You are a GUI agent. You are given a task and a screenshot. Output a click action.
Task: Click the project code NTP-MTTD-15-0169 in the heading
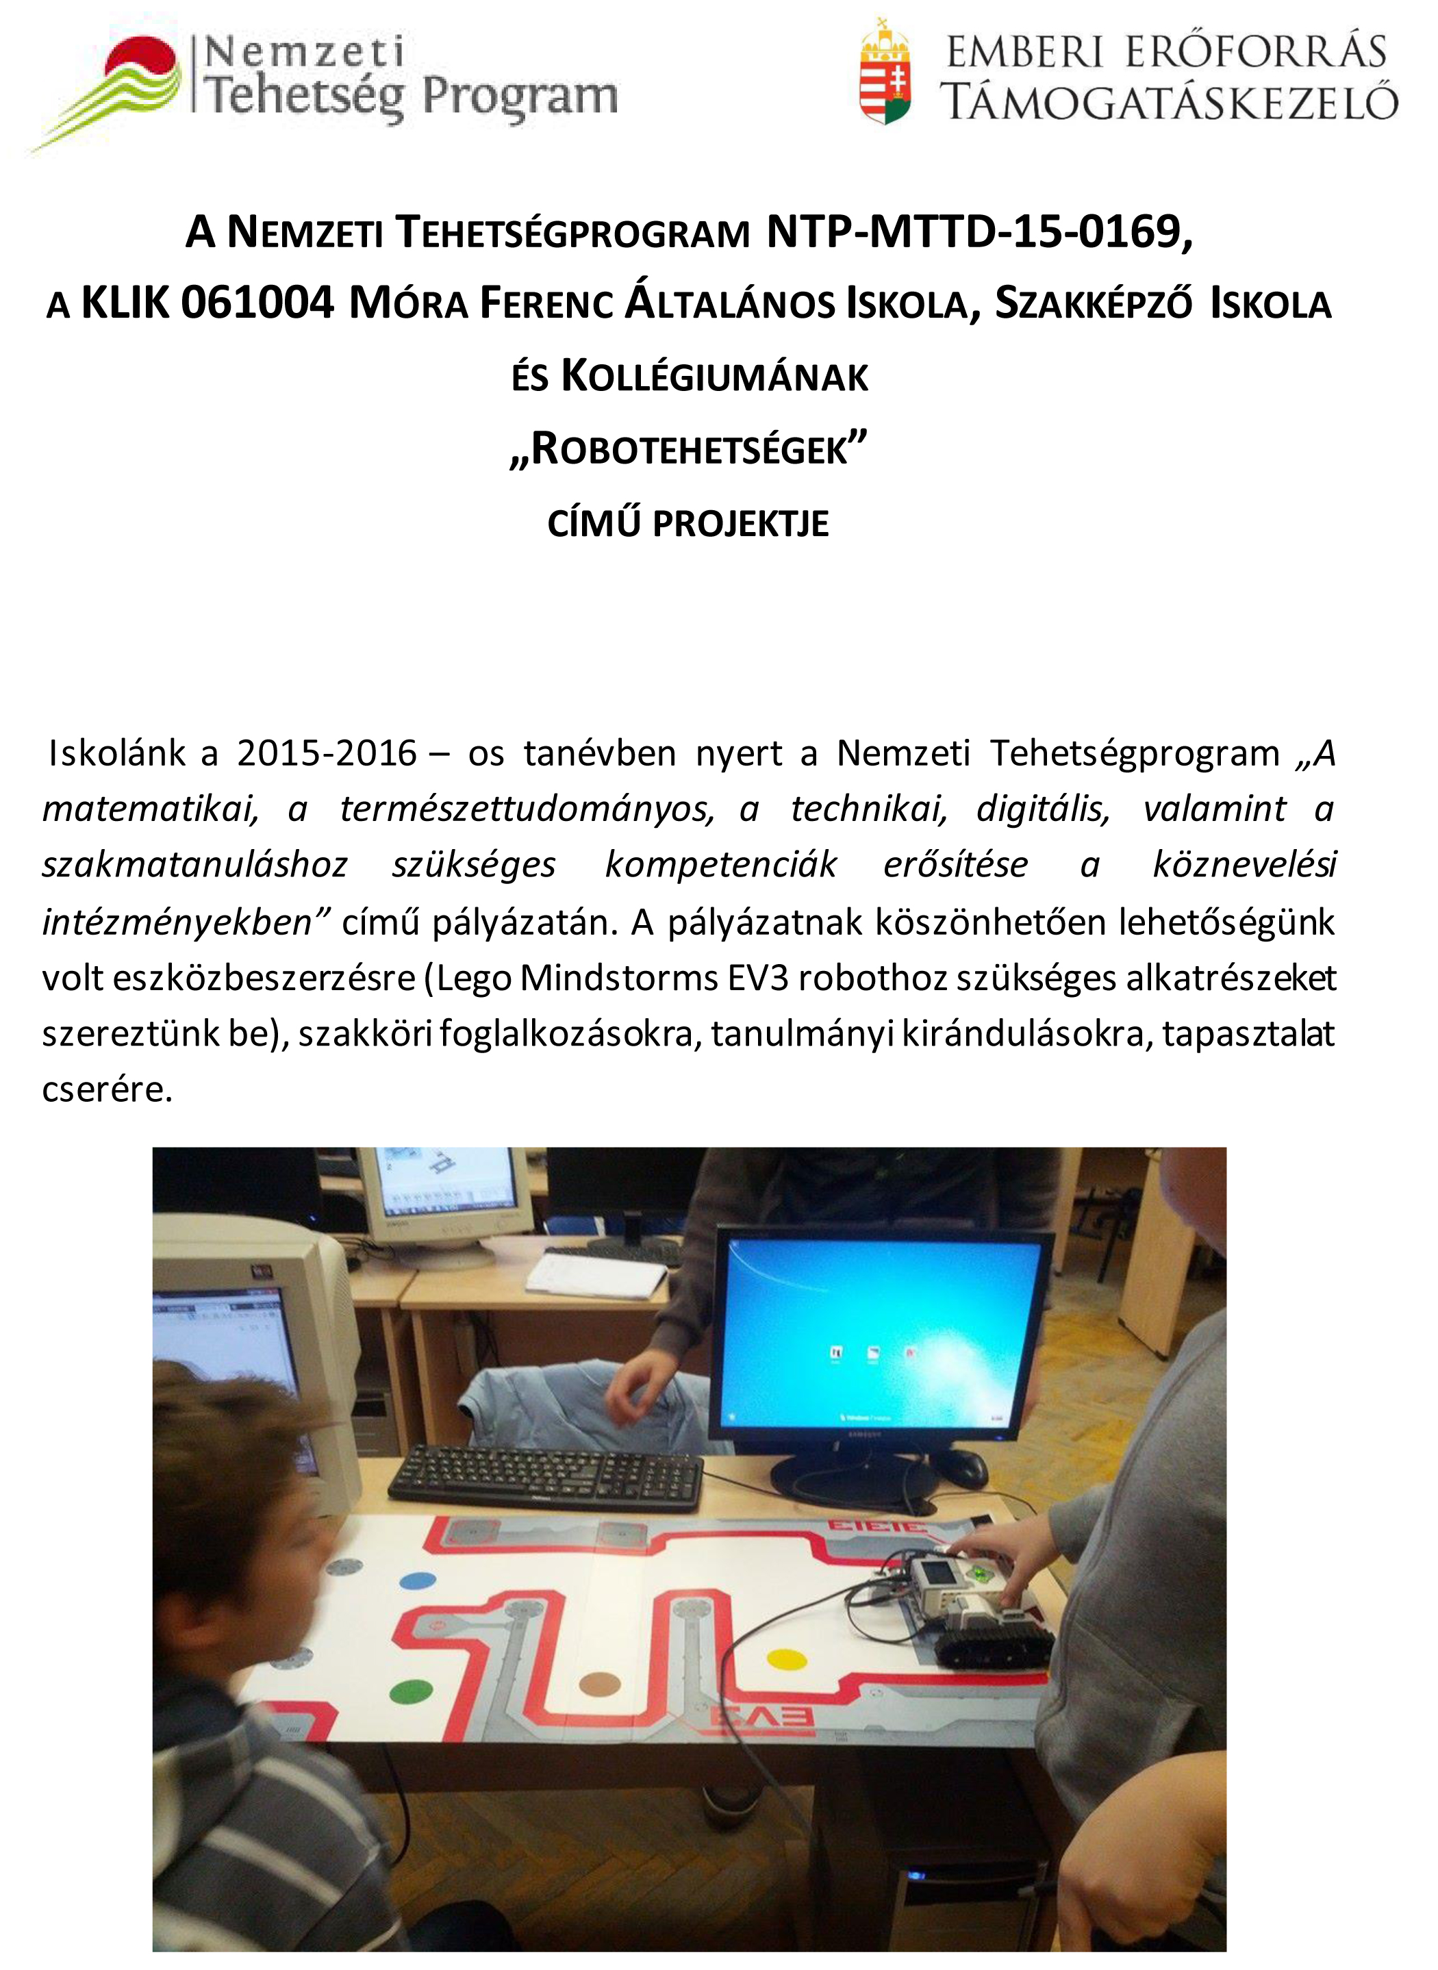coord(979,232)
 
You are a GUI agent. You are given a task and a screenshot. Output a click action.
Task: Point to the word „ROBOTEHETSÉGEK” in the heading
coord(689,450)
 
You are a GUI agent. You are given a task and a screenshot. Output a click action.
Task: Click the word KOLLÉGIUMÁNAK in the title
coord(714,377)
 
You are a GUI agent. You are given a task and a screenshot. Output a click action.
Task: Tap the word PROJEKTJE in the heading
coord(740,524)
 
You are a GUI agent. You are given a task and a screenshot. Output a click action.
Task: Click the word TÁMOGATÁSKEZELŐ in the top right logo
coord(1169,102)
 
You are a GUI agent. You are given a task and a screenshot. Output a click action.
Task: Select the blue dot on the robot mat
coord(417,1580)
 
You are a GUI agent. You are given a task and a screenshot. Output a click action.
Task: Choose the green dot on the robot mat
coord(411,1691)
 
